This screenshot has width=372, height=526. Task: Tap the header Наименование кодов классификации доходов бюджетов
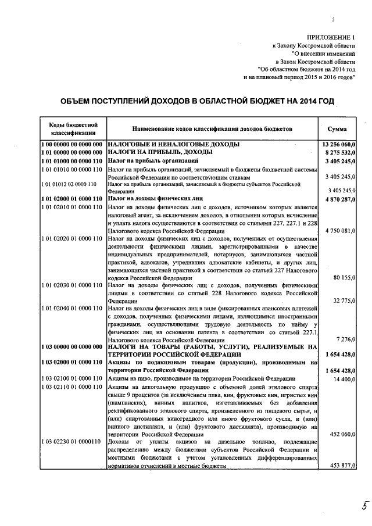tap(212, 128)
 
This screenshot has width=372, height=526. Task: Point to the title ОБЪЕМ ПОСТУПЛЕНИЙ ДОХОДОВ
tap(198, 101)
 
